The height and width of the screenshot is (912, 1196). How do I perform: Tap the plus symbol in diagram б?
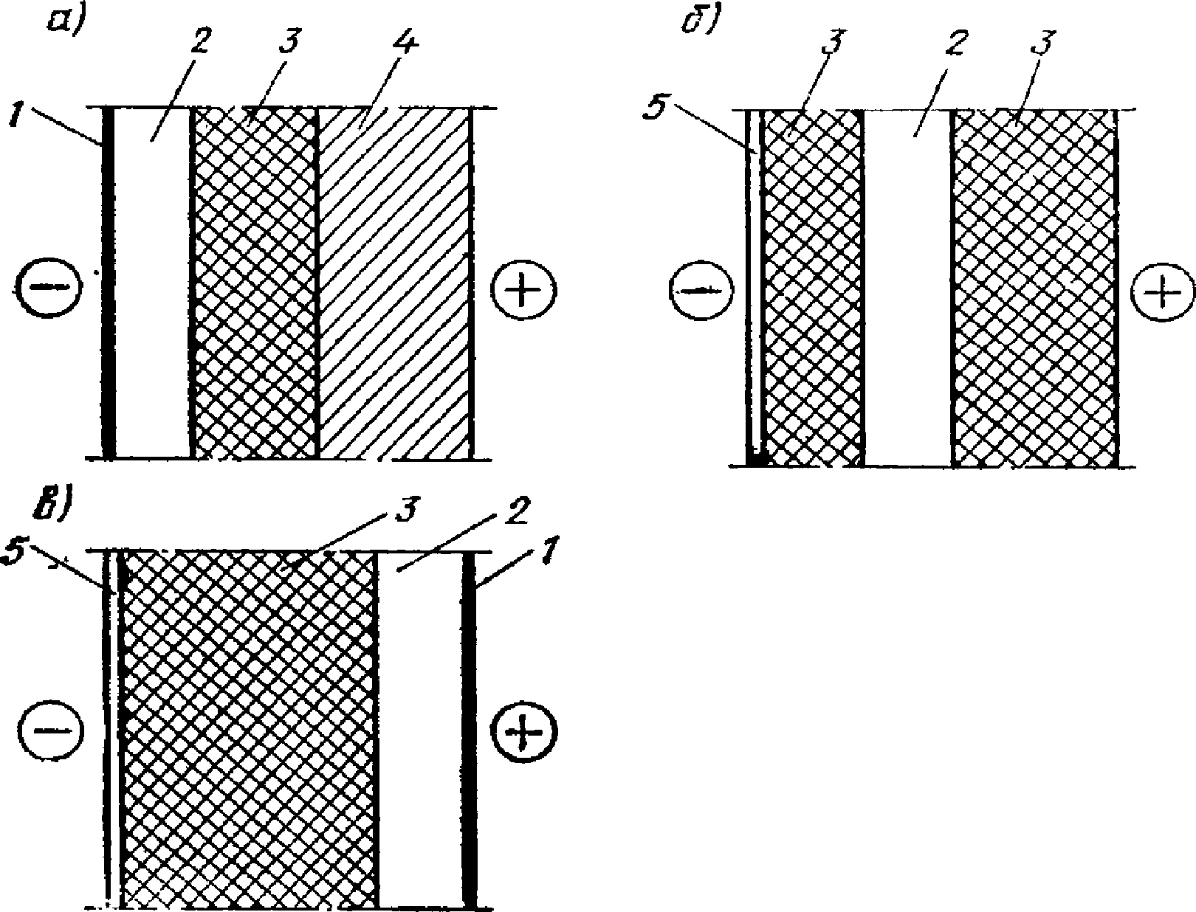pos(1162,294)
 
